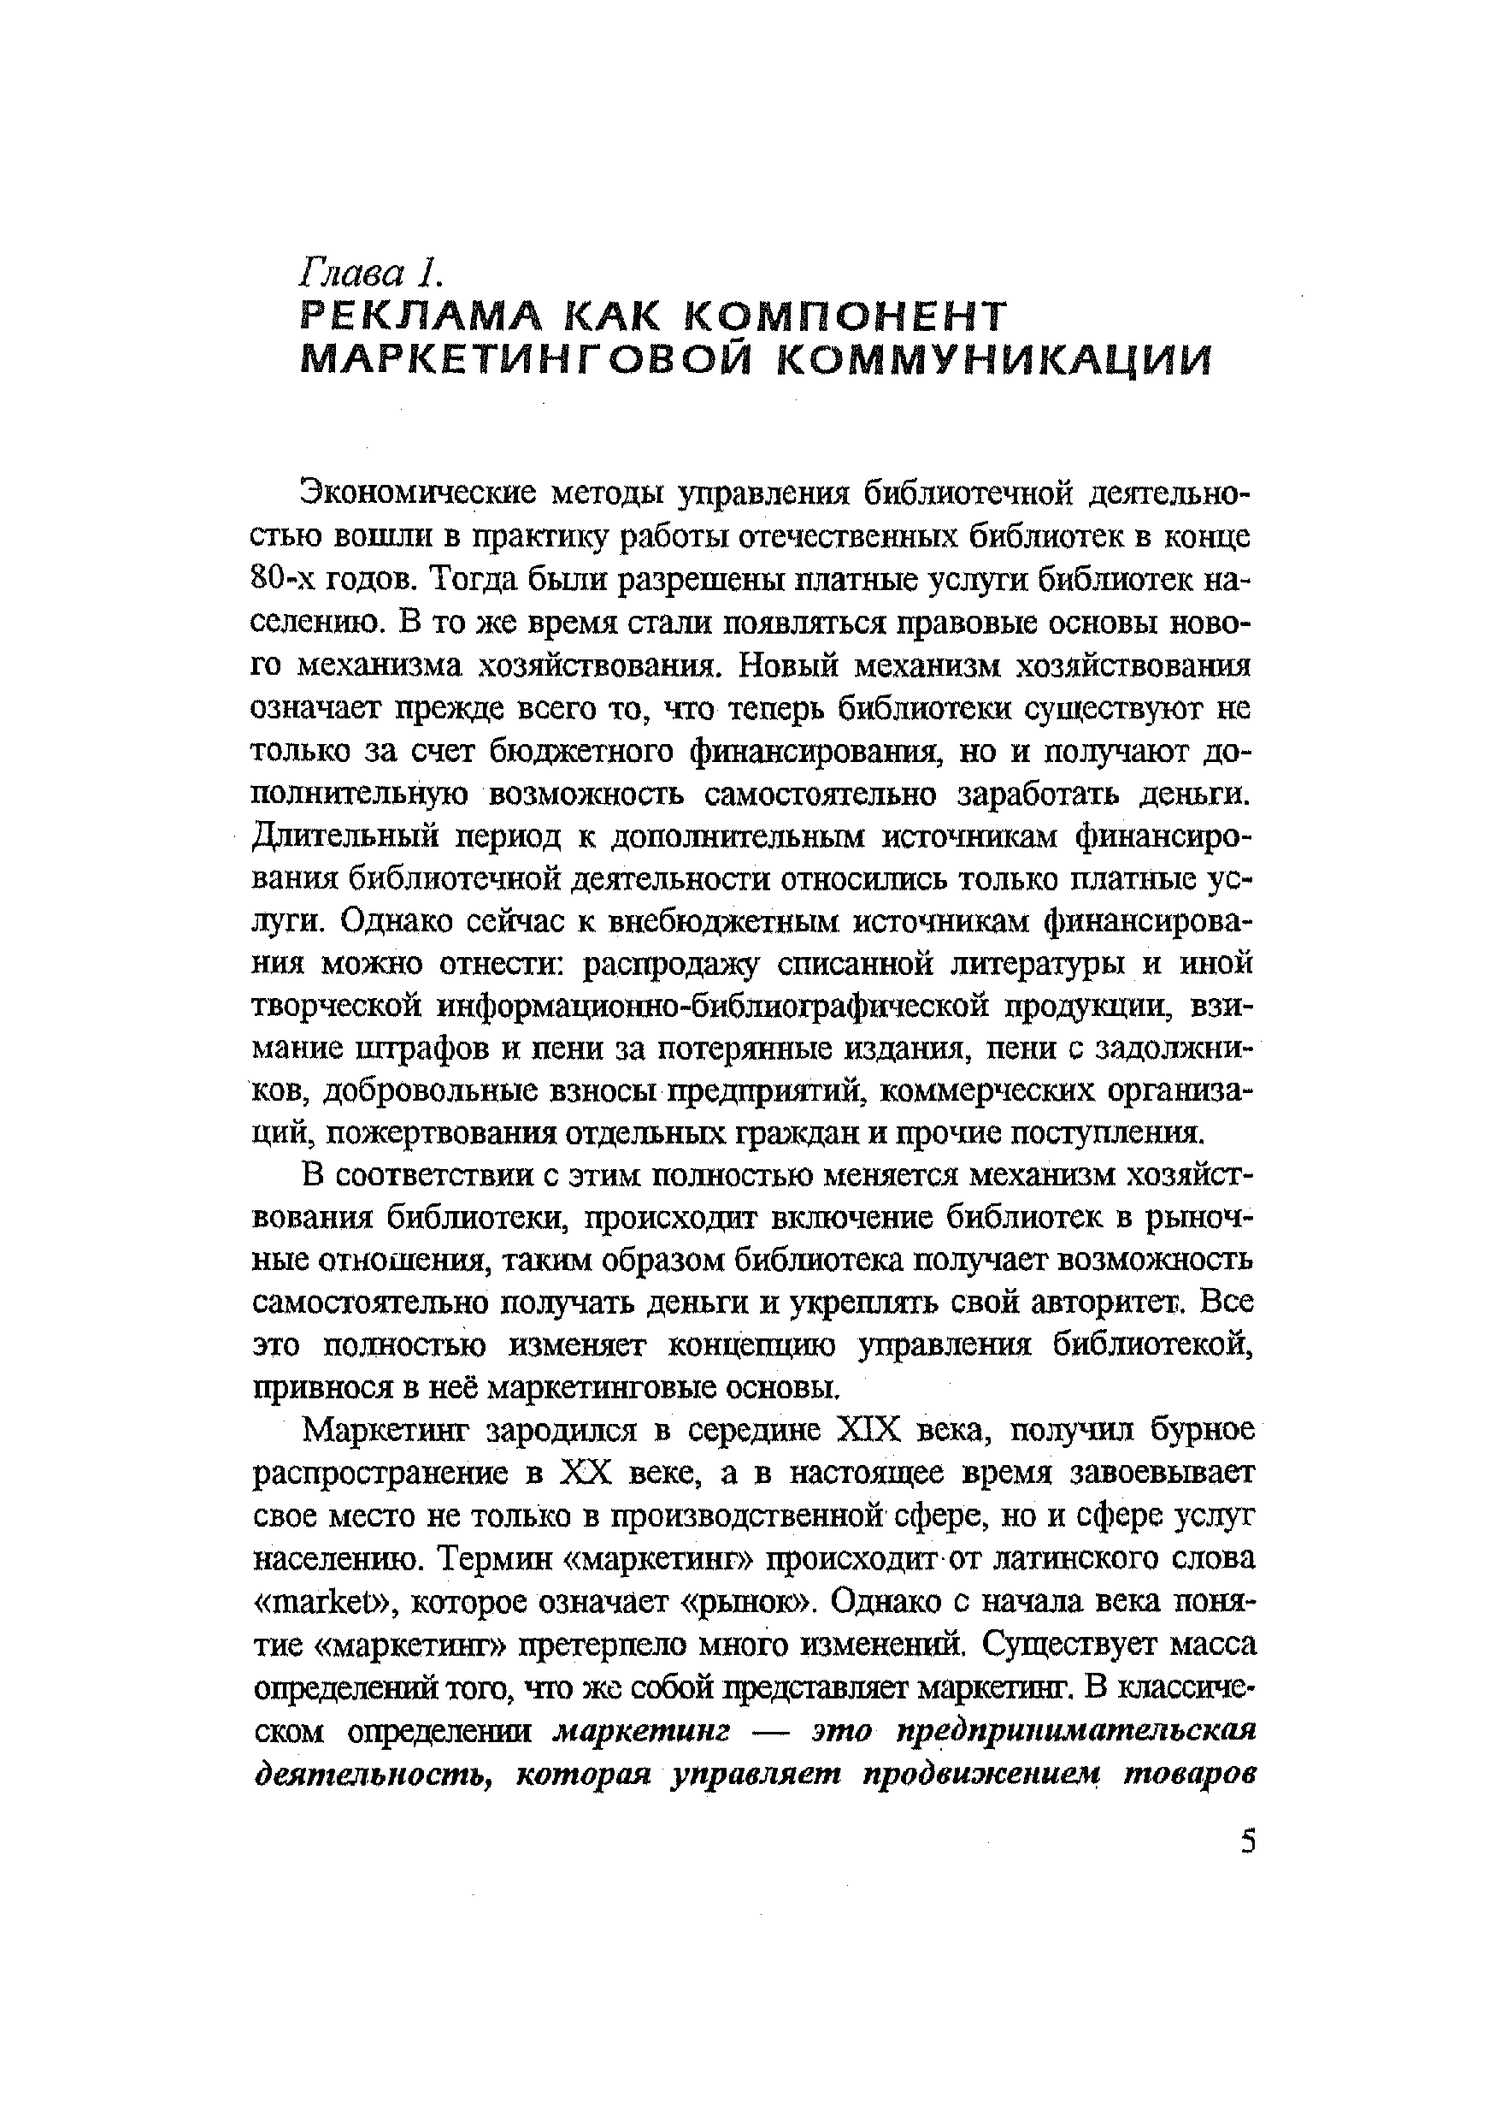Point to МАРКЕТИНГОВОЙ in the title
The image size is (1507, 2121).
tap(529, 361)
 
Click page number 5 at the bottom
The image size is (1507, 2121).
tap(1246, 1841)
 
